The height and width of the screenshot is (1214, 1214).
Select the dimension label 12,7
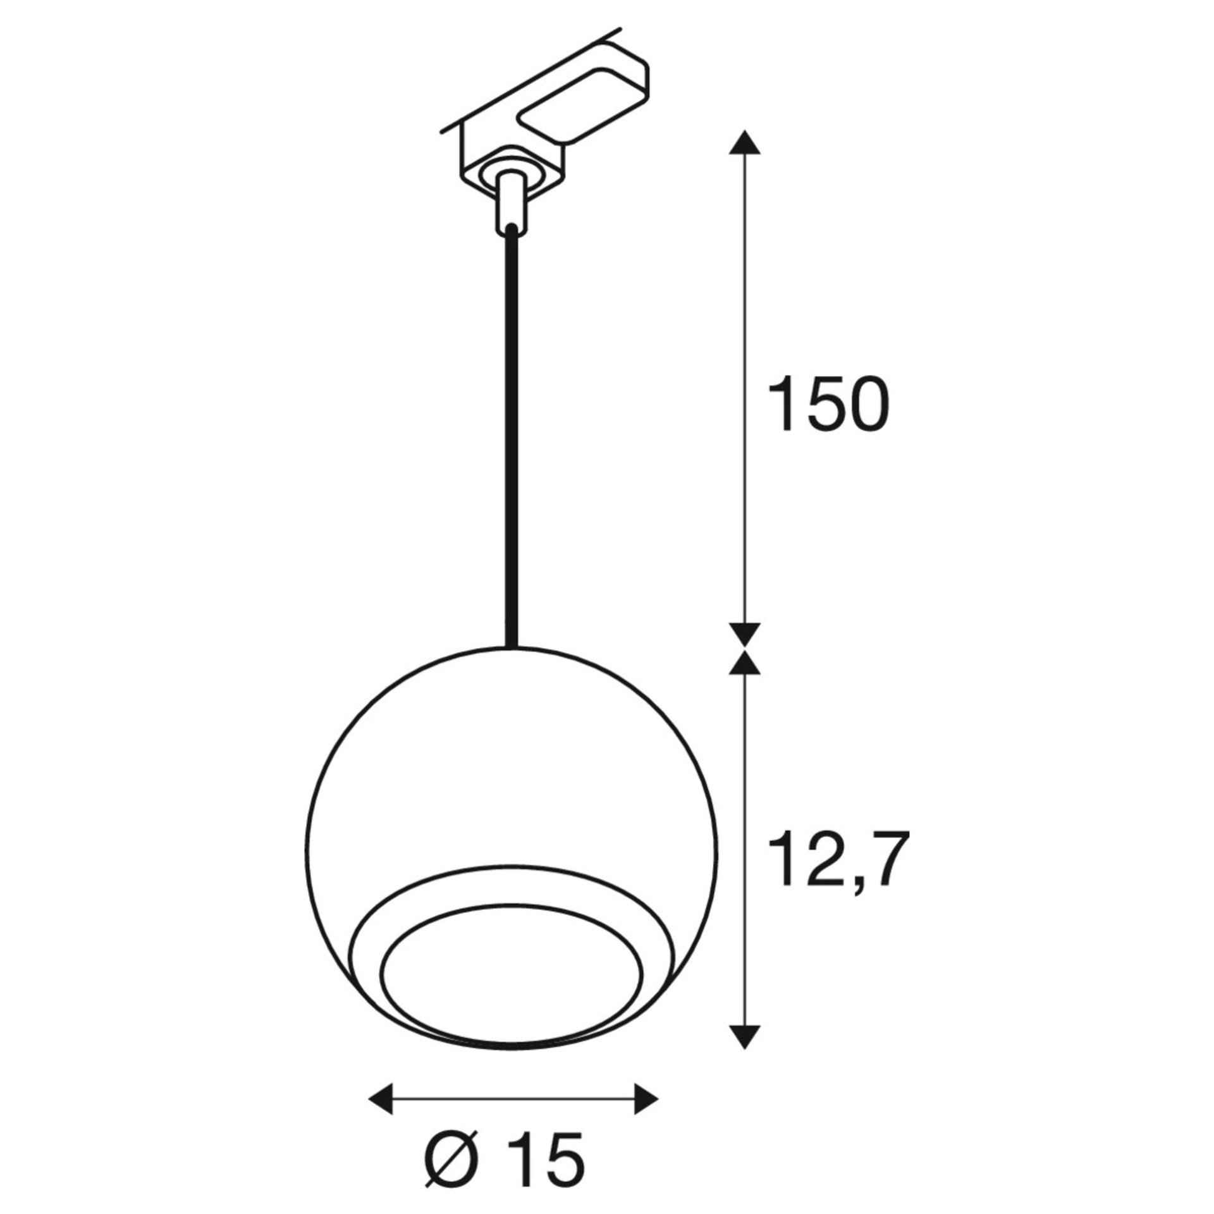pos(838,859)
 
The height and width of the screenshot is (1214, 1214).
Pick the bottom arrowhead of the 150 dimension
pos(744,634)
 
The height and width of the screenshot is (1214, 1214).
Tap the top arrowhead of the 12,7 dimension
pos(744,663)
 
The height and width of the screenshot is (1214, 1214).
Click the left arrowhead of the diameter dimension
pos(381,1064)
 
